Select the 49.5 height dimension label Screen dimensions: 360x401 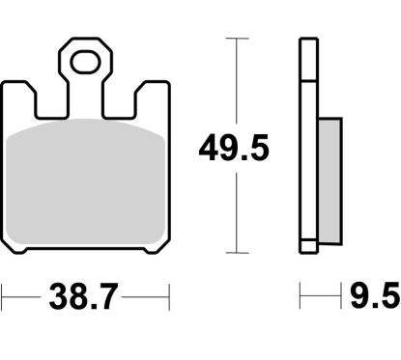click(233, 148)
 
